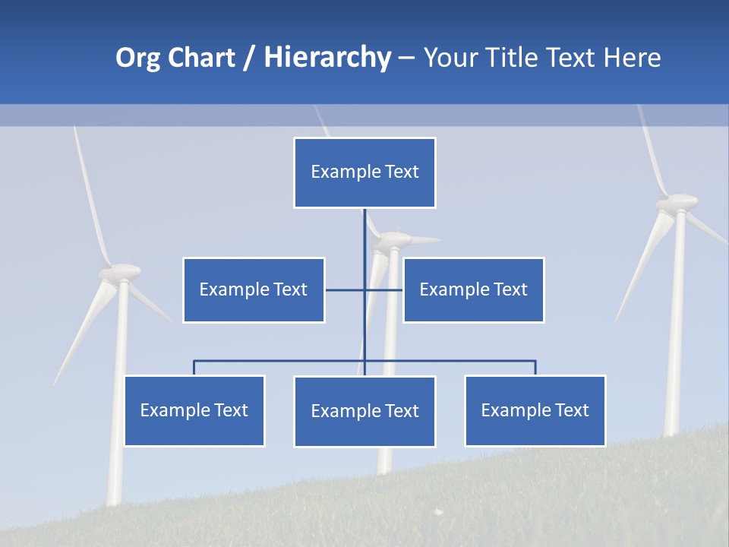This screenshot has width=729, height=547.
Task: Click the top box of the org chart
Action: pyautogui.click(x=364, y=172)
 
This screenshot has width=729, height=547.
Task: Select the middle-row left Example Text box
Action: pyautogui.click(x=254, y=289)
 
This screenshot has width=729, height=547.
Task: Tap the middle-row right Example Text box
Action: pyautogui.click(x=473, y=289)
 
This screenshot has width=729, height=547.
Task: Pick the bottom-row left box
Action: pyautogui.click(x=194, y=410)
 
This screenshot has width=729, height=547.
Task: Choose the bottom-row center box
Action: pyautogui.click(x=364, y=411)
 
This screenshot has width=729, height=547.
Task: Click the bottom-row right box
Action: pyautogui.click(x=535, y=410)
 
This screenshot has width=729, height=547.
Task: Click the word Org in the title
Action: pyautogui.click(x=137, y=58)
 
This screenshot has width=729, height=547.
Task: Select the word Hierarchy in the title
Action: pyautogui.click(x=327, y=58)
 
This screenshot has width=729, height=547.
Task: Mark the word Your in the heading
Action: pyautogui.click(x=450, y=58)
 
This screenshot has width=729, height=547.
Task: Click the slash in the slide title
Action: pyautogui.click(x=249, y=58)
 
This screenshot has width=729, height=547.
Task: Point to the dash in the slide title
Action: pyautogui.click(x=406, y=58)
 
